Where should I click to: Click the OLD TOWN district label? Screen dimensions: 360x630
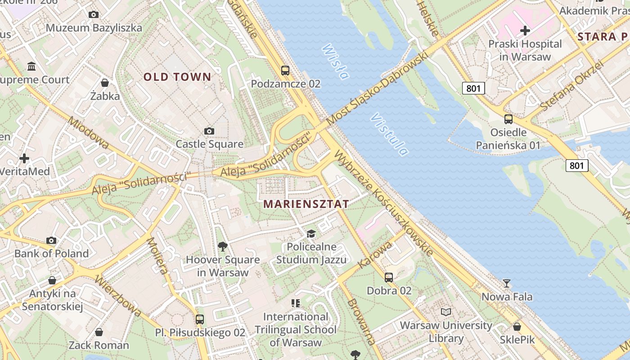(x=177, y=77)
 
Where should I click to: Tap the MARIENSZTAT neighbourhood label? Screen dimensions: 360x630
(x=306, y=204)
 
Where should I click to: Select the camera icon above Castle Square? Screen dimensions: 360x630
(x=209, y=131)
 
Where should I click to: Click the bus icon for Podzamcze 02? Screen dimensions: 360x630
(x=285, y=70)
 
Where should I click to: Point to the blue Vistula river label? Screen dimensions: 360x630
(x=390, y=135)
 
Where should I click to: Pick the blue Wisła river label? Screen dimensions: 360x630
(x=335, y=61)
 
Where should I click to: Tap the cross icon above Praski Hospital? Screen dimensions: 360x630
(x=525, y=31)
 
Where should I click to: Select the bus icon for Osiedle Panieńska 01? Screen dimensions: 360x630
(x=508, y=119)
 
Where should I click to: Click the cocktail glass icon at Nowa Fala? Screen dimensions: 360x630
(x=507, y=283)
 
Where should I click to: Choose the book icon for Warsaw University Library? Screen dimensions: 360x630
(x=446, y=312)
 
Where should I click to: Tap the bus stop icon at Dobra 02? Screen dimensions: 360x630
(x=389, y=277)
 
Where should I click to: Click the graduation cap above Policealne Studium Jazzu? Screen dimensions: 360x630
(x=311, y=234)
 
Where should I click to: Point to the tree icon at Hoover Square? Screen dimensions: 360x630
(x=222, y=246)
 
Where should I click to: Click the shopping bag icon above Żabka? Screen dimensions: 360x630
(x=105, y=83)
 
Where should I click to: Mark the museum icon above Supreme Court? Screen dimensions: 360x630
(x=31, y=67)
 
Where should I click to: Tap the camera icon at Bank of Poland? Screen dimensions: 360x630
(x=51, y=240)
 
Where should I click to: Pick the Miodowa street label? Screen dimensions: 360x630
(x=88, y=133)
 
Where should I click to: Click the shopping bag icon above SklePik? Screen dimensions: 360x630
(x=517, y=326)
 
